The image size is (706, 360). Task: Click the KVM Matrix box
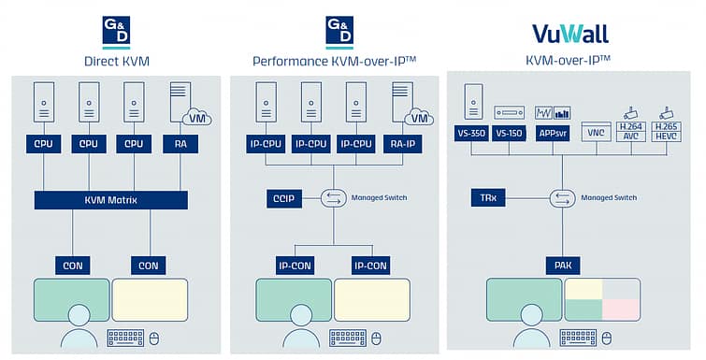coord(110,200)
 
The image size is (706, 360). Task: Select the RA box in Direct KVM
coord(180,144)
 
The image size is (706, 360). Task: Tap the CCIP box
coord(284,198)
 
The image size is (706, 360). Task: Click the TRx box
coord(488,197)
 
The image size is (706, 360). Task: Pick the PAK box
coord(563,265)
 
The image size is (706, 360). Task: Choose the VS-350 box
coord(471,133)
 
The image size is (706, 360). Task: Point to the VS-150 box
coord(509,133)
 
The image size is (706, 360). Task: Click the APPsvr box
coord(553,133)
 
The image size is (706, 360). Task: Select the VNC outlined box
coord(597,132)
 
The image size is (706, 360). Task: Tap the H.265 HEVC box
coord(666,132)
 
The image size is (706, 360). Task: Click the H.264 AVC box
coord(631,132)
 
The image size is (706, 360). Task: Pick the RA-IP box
coord(402,144)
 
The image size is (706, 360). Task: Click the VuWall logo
coord(570,34)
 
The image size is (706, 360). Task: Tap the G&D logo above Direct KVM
coord(116,33)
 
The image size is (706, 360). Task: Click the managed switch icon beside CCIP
coord(333,198)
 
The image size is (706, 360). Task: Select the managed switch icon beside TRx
coord(562,198)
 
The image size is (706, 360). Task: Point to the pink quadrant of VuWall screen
coord(621,310)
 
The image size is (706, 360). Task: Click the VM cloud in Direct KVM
coord(197,118)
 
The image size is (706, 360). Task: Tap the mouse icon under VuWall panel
coord(607,338)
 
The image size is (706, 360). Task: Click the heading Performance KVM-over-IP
coord(334,61)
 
